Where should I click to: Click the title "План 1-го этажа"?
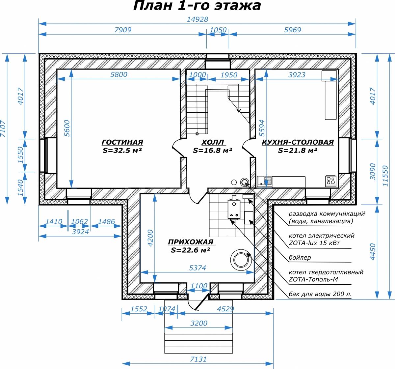(x=197, y=6)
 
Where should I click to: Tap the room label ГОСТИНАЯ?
(x=122, y=142)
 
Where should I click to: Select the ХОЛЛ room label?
(x=212, y=142)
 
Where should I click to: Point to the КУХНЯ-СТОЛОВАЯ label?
(x=298, y=142)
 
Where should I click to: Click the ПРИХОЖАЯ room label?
(x=191, y=242)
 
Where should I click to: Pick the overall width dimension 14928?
(x=197, y=19)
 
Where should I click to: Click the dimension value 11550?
(x=385, y=176)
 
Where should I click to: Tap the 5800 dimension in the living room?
(x=119, y=74)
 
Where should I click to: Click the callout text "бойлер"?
(x=300, y=258)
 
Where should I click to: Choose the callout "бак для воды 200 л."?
(x=320, y=294)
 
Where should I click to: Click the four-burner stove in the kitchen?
(x=330, y=181)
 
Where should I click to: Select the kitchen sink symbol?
(x=264, y=182)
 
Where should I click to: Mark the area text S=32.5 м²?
(x=122, y=150)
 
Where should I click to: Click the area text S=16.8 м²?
(x=212, y=150)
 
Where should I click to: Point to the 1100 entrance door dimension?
(x=199, y=286)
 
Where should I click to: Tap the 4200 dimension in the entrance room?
(x=150, y=238)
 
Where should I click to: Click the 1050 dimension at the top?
(x=218, y=30)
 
